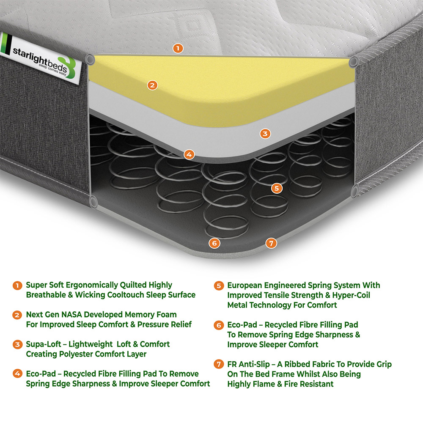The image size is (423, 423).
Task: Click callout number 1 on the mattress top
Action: point(178,48)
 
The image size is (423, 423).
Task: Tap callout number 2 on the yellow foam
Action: point(152,85)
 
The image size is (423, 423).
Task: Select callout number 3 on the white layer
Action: point(265,134)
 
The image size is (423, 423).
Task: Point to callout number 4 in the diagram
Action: point(189,154)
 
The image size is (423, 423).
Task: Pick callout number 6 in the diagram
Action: point(214,243)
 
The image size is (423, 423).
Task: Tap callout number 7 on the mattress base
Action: point(271,243)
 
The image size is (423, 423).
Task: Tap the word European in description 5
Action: point(245,286)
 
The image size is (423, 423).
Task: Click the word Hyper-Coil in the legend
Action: point(350,295)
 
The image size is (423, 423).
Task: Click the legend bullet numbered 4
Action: point(17,374)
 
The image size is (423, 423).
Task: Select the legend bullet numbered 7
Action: point(219,365)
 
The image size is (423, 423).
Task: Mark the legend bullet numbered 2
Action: point(17,315)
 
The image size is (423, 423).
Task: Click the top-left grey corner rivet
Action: point(90,59)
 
